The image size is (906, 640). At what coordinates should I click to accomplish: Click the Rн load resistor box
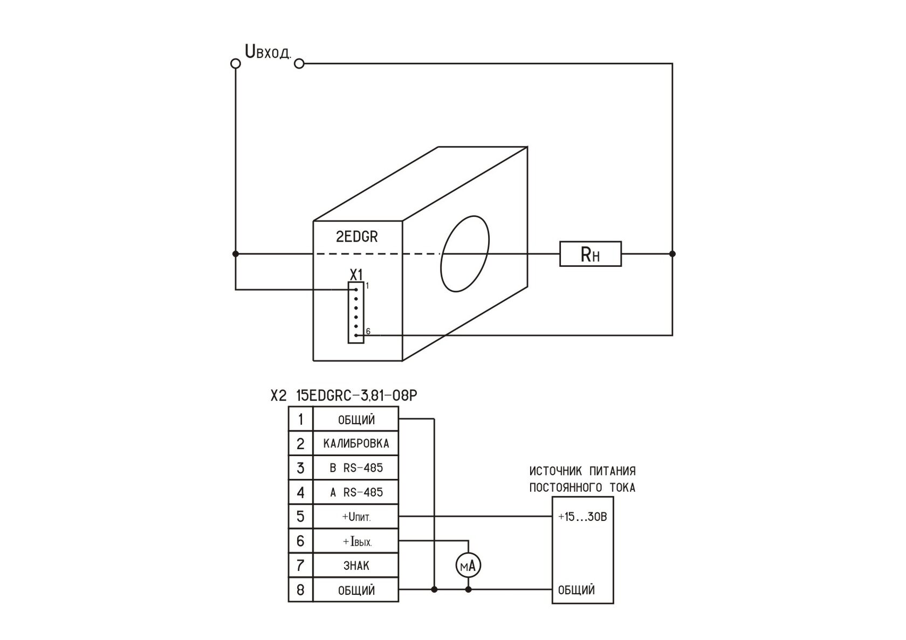(x=591, y=254)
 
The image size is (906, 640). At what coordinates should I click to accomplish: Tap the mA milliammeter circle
(x=468, y=566)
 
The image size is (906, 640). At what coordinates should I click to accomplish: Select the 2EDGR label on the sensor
(x=357, y=237)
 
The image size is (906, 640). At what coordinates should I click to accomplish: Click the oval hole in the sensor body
(x=465, y=253)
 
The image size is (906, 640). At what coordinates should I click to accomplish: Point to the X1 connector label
(x=356, y=275)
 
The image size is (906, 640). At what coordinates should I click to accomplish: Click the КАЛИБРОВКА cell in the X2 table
(x=356, y=444)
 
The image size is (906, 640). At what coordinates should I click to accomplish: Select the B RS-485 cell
(x=356, y=468)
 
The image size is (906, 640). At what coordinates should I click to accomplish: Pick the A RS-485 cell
(x=356, y=492)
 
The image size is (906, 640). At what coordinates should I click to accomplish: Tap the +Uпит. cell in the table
(x=356, y=517)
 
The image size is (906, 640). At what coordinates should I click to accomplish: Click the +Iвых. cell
(x=356, y=541)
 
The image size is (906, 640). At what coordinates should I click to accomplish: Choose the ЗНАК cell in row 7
(x=356, y=565)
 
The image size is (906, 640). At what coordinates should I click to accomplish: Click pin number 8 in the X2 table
(x=300, y=590)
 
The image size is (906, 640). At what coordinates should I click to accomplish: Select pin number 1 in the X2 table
(x=300, y=419)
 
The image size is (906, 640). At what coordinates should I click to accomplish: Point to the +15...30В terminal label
(x=582, y=517)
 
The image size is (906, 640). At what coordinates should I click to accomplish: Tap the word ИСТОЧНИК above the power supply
(x=555, y=471)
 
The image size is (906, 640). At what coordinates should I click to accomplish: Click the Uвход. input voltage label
(x=267, y=52)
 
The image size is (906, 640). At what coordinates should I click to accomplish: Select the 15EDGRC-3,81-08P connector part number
(x=357, y=396)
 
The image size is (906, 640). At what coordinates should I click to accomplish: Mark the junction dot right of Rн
(x=672, y=254)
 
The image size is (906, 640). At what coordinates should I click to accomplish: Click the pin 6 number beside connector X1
(x=368, y=332)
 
